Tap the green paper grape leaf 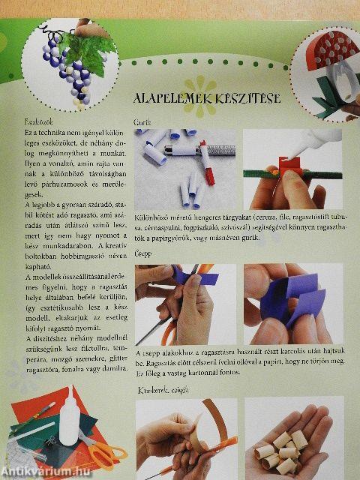(94, 45)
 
